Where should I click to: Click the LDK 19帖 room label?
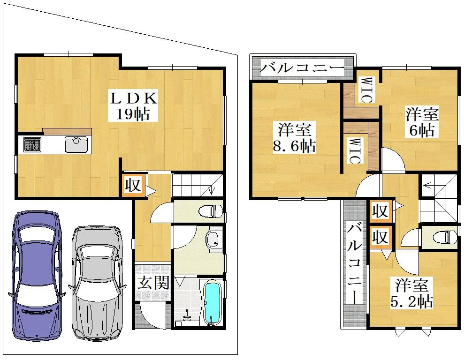coord(133,106)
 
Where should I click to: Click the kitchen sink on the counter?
coord(76,144)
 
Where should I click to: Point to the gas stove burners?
coord(32,144)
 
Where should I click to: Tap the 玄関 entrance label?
coord(153,283)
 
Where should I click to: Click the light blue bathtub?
coord(213,302)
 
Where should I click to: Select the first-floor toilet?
coord(210,211)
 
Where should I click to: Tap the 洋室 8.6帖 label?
coord(294,138)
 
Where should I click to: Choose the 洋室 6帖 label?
coord(422,122)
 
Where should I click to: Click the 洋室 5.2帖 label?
coord(412,293)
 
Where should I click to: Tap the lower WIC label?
coord(354,150)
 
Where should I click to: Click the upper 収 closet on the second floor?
coord(380,211)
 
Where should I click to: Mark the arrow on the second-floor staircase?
coord(433,186)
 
